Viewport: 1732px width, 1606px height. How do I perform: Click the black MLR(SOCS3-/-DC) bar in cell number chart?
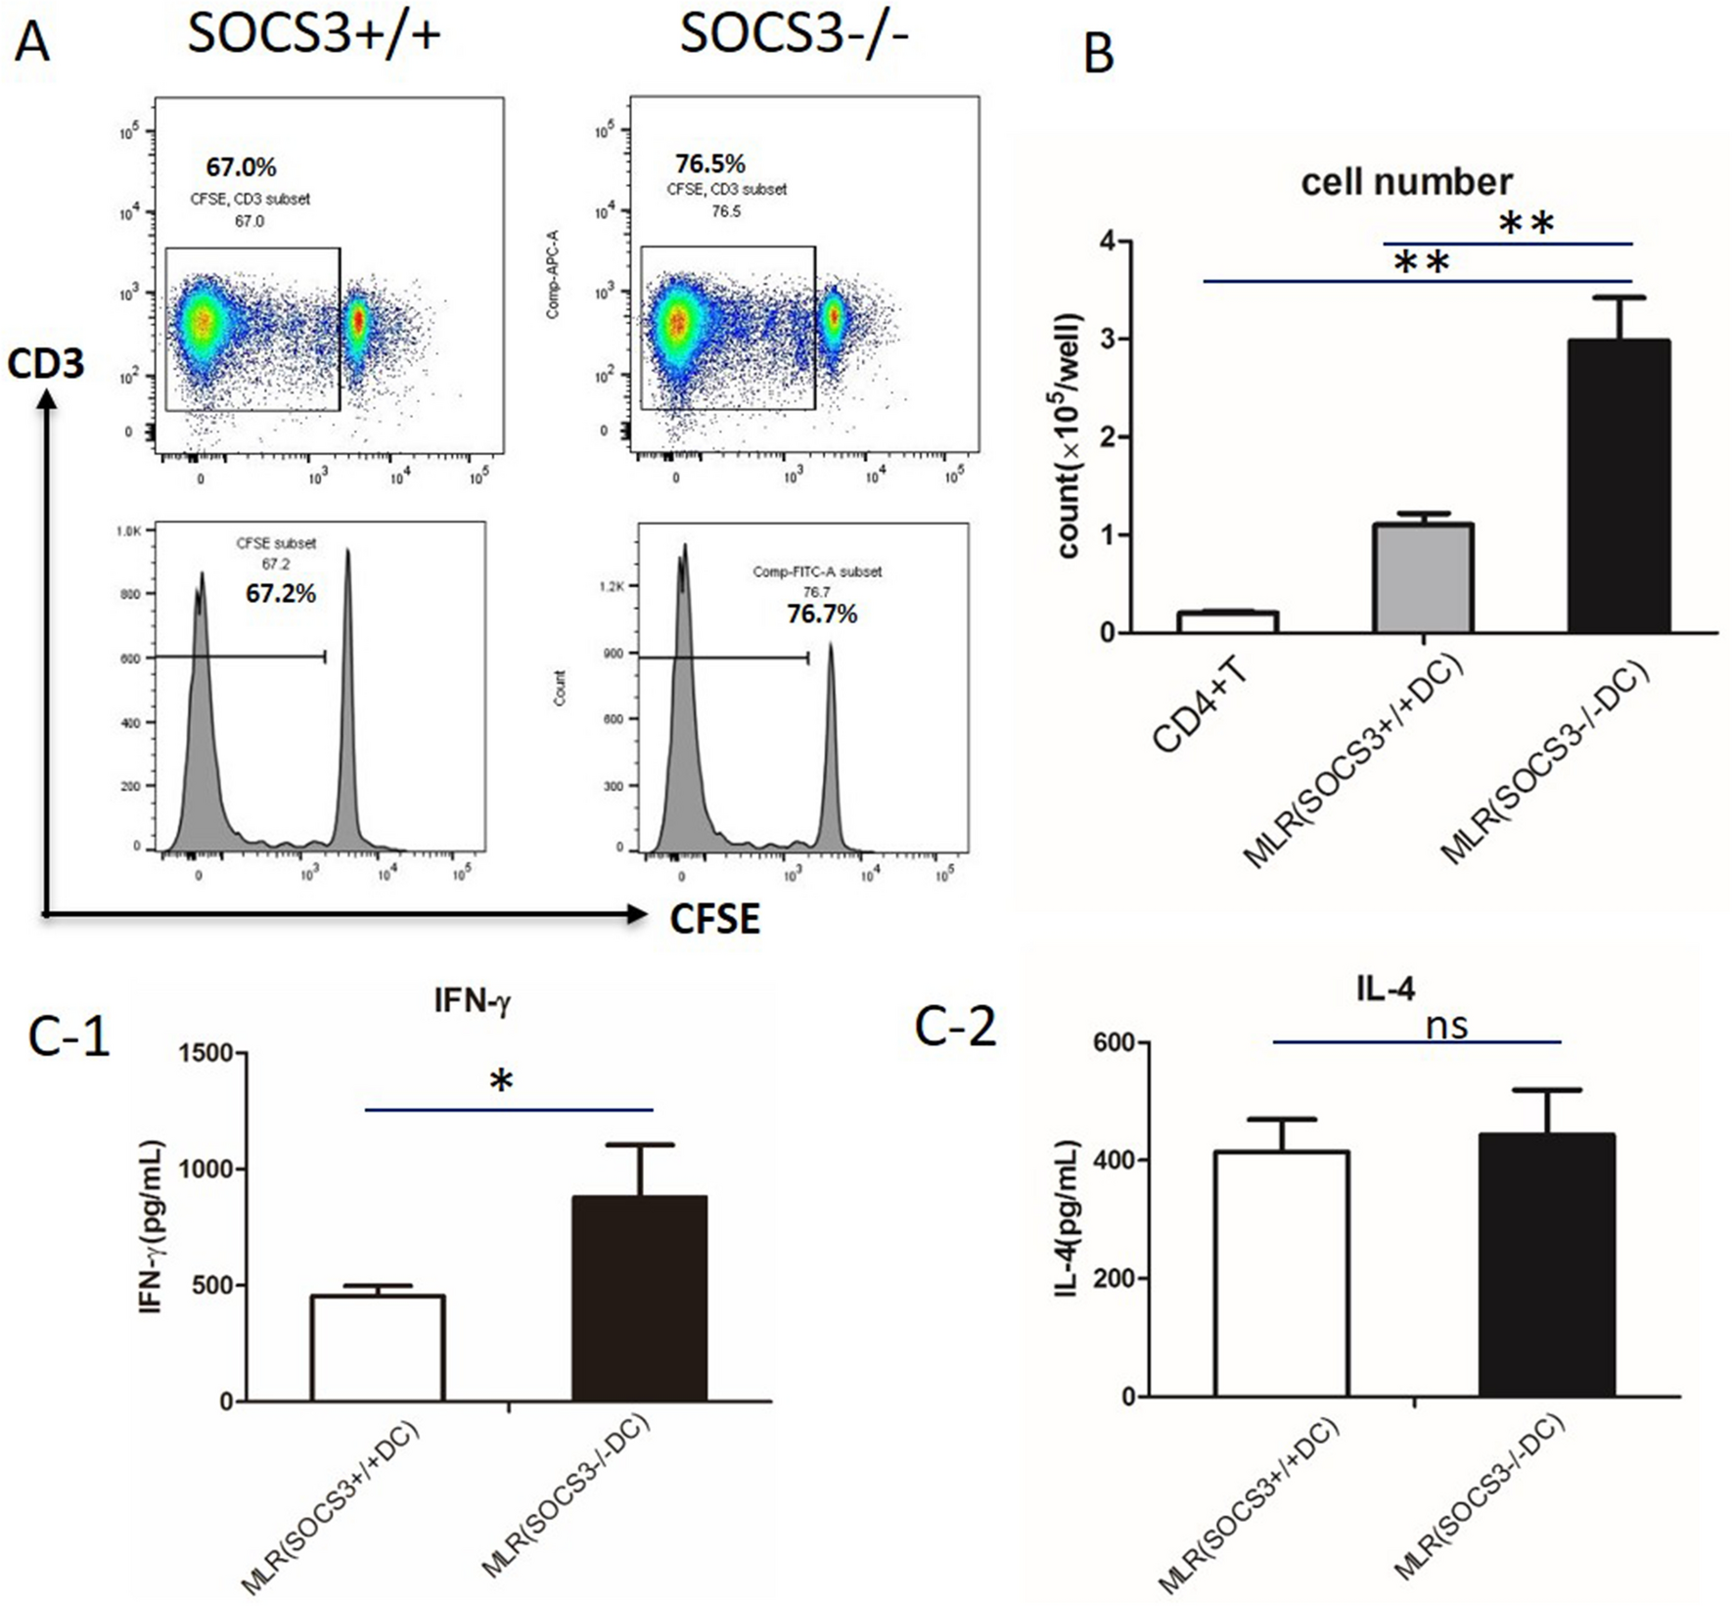(x=1618, y=486)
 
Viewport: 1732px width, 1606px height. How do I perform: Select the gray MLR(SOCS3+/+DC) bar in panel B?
(x=1422, y=578)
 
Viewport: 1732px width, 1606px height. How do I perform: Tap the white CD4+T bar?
(x=1227, y=622)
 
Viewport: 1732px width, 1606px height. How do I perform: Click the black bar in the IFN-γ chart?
(x=639, y=1299)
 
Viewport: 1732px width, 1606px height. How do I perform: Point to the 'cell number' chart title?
(x=1406, y=182)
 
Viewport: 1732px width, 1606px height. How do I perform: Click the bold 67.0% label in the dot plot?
(x=241, y=167)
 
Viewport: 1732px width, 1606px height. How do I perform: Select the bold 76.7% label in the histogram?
(x=822, y=614)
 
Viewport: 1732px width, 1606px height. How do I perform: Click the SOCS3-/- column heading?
(x=794, y=34)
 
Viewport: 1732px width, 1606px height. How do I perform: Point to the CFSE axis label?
(x=714, y=919)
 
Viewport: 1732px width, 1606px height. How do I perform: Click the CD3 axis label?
(x=45, y=364)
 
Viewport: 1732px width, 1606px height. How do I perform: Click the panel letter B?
(x=1099, y=54)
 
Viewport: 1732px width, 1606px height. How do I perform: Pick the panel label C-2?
(x=955, y=1026)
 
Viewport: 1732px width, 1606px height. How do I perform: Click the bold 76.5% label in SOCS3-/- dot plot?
(x=710, y=163)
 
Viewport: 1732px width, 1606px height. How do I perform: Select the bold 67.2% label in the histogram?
(x=281, y=593)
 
